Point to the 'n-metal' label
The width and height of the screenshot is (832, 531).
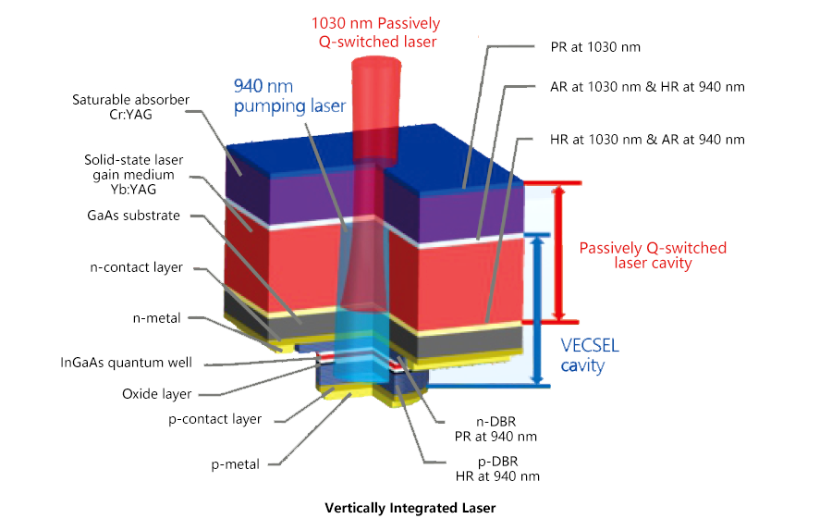tap(158, 317)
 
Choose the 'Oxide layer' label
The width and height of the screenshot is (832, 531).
tap(156, 393)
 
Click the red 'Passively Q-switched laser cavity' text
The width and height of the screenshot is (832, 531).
tap(653, 255)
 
